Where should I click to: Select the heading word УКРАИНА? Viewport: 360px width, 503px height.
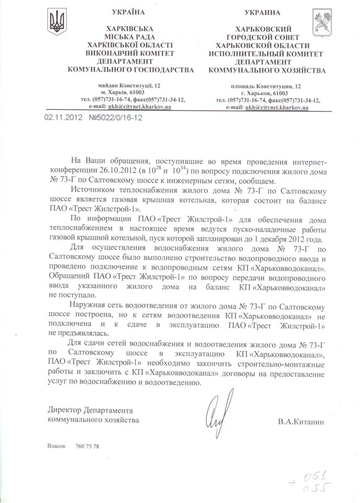[x=262, y=13]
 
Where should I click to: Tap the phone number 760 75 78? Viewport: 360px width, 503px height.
[x=88, y=446]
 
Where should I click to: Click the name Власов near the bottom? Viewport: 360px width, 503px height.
[x=56, y=446]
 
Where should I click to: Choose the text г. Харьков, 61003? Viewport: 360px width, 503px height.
[x=264, y=93]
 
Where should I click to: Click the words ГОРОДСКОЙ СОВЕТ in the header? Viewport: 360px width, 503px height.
[x=263, y=37]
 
